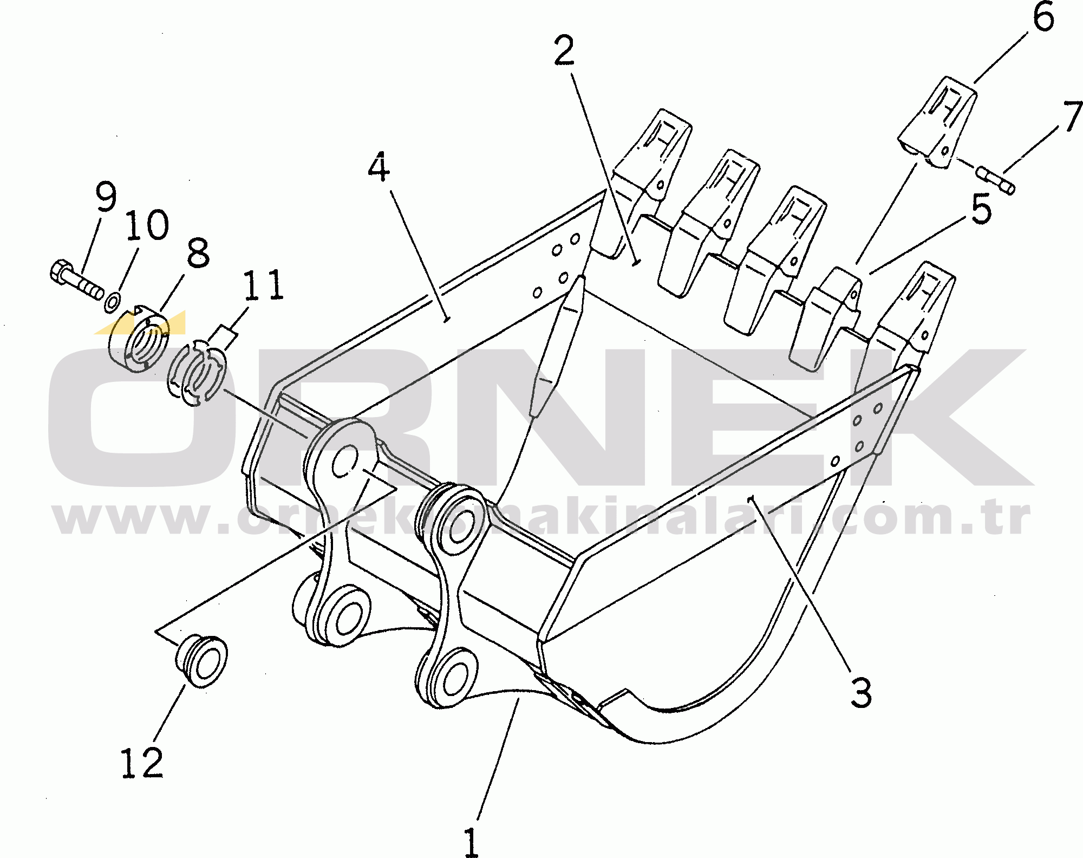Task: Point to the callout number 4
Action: (379, 167)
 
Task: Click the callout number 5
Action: (981, 210)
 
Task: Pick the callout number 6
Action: (1043, 18)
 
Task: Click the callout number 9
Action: (105, 197)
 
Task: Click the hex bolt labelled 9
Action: (76, 281)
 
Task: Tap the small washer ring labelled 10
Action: (112, 301)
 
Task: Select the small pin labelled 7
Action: (996, 180)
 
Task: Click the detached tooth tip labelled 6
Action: (940, 122)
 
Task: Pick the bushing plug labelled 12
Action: (201, 661)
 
